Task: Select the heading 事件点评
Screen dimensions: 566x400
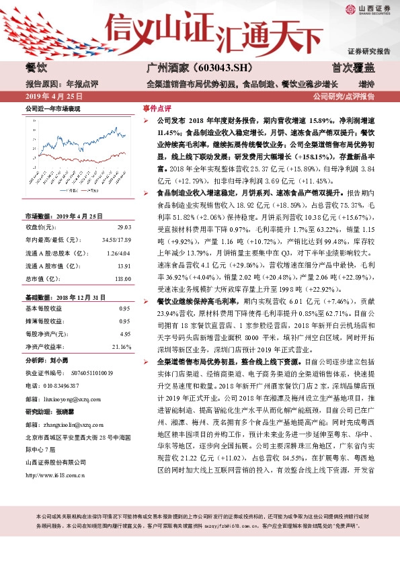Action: [x=157, y=108]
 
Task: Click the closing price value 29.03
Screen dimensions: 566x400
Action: [x=124, y=229]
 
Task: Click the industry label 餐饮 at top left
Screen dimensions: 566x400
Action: [x=37, y=68]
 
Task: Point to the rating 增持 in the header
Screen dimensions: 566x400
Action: [x=366, y=84]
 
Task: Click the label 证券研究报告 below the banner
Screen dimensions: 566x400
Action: [x=368, y=51]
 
